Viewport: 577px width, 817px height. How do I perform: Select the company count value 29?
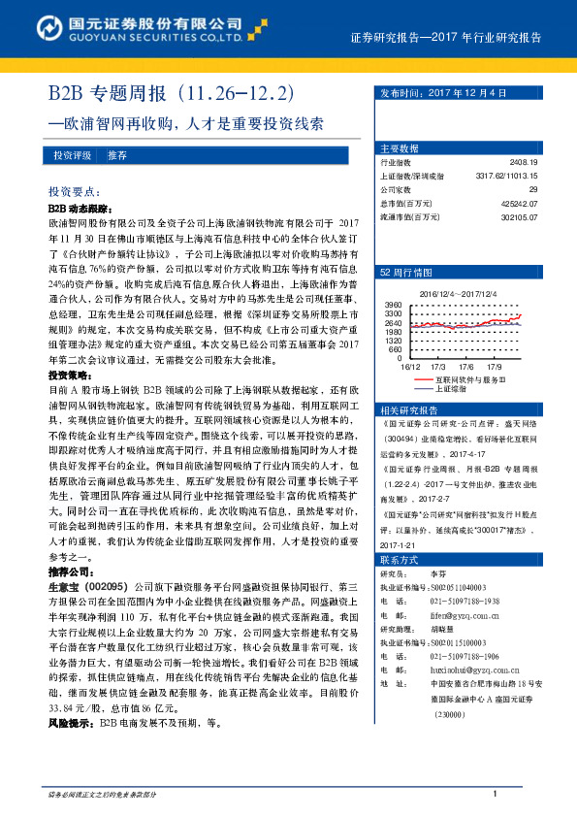point(532,189)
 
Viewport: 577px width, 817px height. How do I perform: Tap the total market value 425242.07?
point(519,203)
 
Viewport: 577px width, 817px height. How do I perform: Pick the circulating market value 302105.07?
point(519,216)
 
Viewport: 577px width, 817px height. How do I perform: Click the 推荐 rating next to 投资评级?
point(117,154)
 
